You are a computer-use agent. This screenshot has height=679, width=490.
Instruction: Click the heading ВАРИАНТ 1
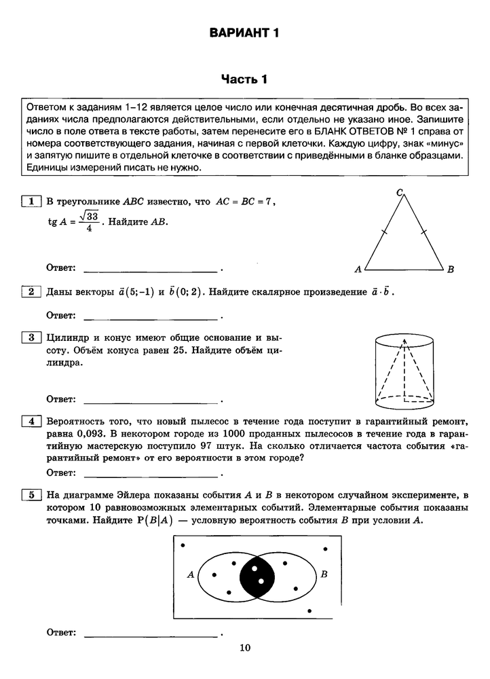pyautogui.click(x=244, y=33)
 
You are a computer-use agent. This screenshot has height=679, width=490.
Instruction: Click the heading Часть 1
pyautogui.click(x=244, y=79)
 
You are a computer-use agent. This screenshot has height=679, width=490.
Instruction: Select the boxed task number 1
pyautogui.click(x=31, y=201)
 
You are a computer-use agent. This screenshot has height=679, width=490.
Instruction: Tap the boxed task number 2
pyautogui.click(x=31, y=292)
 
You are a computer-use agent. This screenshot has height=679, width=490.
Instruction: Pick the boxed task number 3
pyautogui.click(x=31, y=337)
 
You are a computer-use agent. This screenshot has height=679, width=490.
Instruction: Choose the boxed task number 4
pyautogui.click(x=31, y=421)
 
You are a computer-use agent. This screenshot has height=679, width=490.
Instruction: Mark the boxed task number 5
pyautogui.click(x=31, y=494)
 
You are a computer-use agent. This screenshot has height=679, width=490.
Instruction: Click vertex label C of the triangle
pyautogui.click(x=400, y=193)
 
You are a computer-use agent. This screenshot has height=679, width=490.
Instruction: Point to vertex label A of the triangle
pyautogui.click(x=358, y=270)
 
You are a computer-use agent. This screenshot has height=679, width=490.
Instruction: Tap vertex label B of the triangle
pyautogui.click(x=450, y=270)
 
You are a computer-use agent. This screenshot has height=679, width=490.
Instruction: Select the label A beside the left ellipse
pyautogui.click(x=191, y=574)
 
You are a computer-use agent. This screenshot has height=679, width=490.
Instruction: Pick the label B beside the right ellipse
pyautogui.click(x=324, y=574)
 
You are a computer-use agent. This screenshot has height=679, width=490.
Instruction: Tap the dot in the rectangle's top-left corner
pyautogui.click(x=184, y=545)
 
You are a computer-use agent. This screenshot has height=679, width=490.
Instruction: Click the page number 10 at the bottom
pyautogui.click(x=245, y=648)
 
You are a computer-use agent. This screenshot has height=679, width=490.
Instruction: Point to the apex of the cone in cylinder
pyautogui.click(x=405, y=342)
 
